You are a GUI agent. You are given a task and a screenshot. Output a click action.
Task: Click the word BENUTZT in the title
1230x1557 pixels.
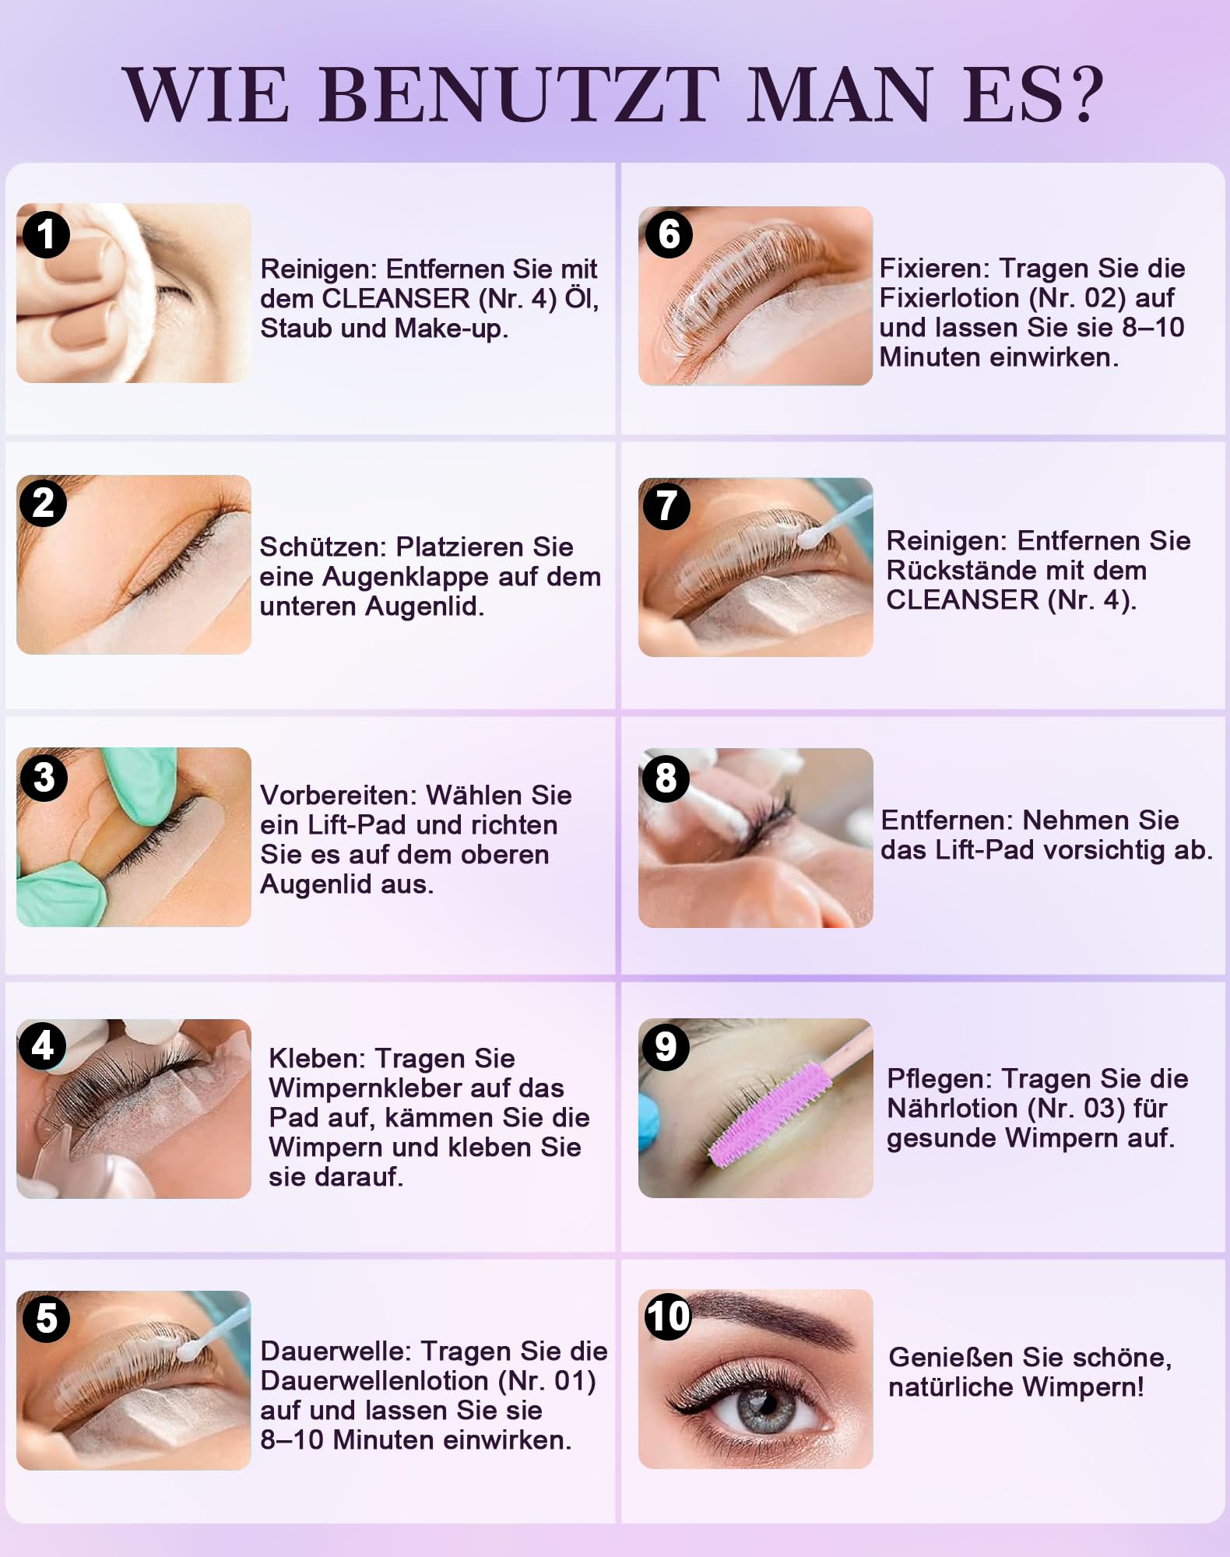coord(520,94)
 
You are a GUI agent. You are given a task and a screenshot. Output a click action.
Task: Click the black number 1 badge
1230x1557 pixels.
coord(46,234)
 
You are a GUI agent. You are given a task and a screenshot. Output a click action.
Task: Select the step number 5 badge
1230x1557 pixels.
coord(46,1319)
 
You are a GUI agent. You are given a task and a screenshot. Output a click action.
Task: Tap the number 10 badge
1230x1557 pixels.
coord(668,1316)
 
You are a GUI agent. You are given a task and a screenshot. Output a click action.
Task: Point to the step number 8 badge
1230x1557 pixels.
coord(666,778)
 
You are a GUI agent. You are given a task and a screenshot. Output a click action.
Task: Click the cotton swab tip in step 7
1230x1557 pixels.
coord(810,536)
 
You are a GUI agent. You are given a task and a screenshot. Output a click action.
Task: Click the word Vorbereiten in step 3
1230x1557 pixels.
coord(338,796)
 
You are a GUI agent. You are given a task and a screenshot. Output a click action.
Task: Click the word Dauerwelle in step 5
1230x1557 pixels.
coord(336,1351)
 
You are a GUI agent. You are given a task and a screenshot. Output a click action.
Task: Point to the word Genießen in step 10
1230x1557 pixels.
coord(951,1358)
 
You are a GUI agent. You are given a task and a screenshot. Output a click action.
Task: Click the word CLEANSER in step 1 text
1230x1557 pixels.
coord(396,299)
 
